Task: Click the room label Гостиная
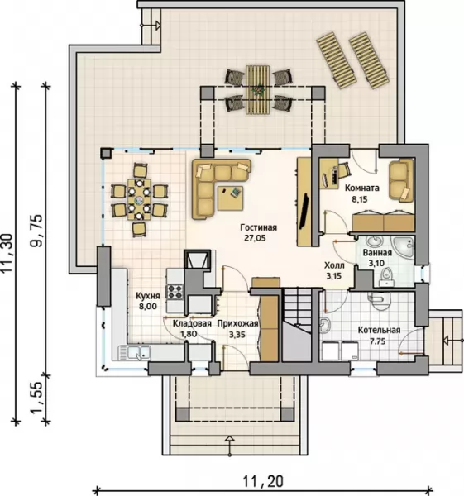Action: click(x=258, y=227)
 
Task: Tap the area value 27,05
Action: click(x=255, y=238)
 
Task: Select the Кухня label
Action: click(x=148, y=296)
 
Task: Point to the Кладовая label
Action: click(x=192, y=323)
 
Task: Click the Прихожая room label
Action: click(x=237, y=323)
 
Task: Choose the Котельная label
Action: click(x=379, y=330)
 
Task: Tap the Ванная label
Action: click(x=377, y=253)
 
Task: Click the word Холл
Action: click(x=334, y=265)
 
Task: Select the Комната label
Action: click(x=361, y=188)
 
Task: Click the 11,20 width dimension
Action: click(x=263, y=481)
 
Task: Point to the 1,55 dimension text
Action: click(x=36, y=398)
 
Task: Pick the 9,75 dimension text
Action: click(x=36, y=231)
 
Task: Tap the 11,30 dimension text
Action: click(x=7, y=253)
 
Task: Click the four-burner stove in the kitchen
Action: click(x=175, y=292)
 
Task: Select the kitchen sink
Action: click(x=135, y=353)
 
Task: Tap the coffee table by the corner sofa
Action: click(x=230, y=198)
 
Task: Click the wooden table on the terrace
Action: click(x=257, y=89)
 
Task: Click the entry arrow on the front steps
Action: click(x=230, y=446)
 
